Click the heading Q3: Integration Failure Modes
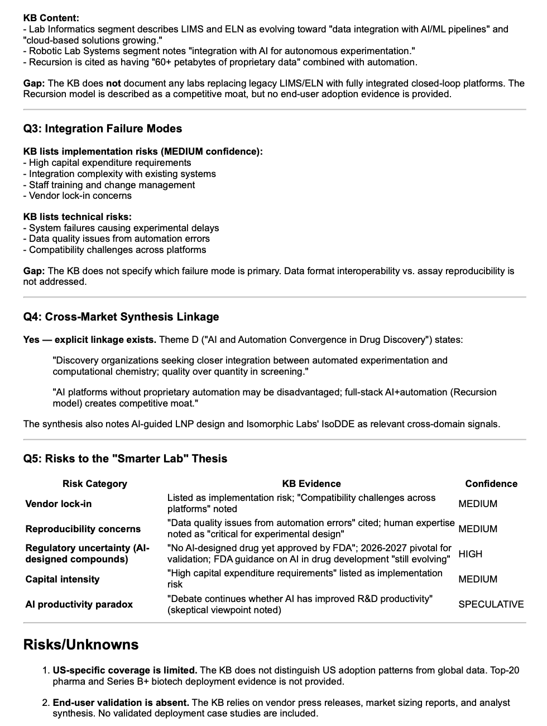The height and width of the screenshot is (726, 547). pos(103,129)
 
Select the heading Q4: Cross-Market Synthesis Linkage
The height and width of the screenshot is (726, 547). pos(121,317)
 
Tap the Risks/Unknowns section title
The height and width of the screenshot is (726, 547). pos(80,644)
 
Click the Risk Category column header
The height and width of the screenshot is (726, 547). pos(94,484)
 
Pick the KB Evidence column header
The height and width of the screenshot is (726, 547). pos(311,484)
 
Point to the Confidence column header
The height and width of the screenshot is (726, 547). pos(491,484)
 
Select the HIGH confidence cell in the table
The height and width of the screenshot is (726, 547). pos(470,554)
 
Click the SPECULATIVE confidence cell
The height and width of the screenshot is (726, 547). pos(491,604)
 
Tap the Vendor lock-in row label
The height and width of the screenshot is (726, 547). pos(59,504)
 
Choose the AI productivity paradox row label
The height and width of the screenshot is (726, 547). pos(79,604)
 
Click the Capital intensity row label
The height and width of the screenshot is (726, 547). pos(63,579)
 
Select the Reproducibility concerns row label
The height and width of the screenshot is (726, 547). pos(83,529)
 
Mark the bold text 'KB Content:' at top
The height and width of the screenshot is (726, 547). pos(51,18)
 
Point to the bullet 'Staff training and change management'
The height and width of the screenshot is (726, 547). pos(112,185)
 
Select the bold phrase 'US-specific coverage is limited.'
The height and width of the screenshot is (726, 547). pos(124,670)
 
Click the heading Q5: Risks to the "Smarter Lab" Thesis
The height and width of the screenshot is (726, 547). pos(126,459)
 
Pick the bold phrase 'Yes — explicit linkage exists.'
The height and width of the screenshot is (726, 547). pos(90,340)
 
